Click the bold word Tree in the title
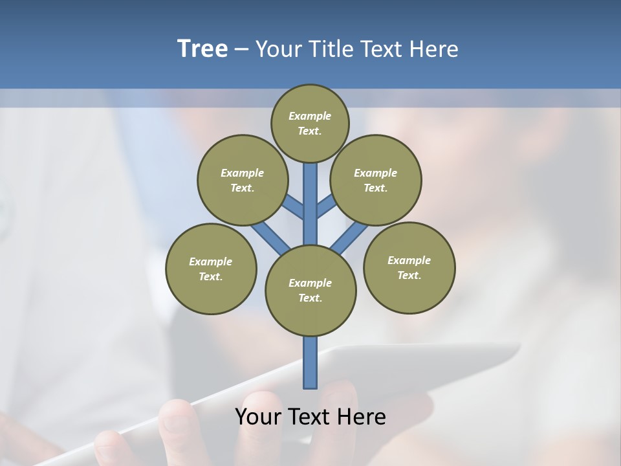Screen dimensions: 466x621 (x=202, y=49)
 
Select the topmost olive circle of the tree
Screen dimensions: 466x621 (x=310, y=123)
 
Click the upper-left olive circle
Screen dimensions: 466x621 (x=242, y=180)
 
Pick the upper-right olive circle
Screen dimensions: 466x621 (x=376, y=180)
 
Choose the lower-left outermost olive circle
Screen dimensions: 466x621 (x=211, y=269)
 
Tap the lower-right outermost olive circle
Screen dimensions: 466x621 (x=409, y=267)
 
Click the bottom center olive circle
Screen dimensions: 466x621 (x=310, y=291)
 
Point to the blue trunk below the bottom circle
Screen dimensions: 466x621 (x=310, y=362)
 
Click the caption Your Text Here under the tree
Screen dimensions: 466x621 (x=310, y=416)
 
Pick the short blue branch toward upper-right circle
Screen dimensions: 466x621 (x=325, y=207)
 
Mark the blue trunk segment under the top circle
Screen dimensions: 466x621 (x=310, y=194)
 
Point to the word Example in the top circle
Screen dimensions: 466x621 (x=310, y=116)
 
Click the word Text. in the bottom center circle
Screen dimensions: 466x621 (x=310, y=298)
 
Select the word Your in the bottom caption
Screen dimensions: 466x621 (x=257, y=416)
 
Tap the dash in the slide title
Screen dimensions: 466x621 (x=241, y=49)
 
